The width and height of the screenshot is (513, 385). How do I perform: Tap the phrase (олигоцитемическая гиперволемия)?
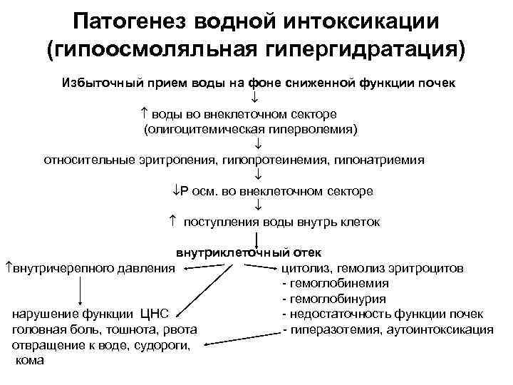251,129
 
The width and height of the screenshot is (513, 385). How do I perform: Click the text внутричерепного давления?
91,269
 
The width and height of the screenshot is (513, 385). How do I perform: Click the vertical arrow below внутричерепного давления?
80,290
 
